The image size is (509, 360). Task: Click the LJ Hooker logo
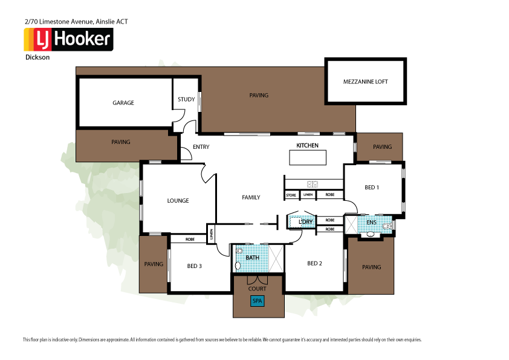tap(68, 39)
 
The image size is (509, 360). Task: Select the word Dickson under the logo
tap(37, 58)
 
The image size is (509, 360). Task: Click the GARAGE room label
tap(123, 103)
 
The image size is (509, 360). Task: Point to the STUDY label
tap(186, 100)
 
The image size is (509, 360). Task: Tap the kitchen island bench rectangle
tap(307, 157)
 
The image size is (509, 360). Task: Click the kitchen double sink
tap(313, 184)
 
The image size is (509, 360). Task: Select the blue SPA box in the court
tap(258, 301)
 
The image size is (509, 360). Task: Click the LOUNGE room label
tap(178, 200)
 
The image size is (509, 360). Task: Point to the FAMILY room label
tap(251, 197)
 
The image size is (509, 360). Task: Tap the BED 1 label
tap(372, 188)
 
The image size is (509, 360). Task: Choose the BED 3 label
tap(194, 266)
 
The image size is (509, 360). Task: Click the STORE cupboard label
tap(291, 195)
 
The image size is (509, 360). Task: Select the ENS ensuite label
tap(371, 223)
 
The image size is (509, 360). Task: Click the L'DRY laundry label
tap(306, 222)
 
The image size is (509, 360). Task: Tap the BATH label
tap(252, 257)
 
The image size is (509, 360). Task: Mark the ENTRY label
tap(201, 147)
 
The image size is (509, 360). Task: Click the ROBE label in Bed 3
tap(189, 239)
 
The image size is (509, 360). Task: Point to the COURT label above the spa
tap(258, 289)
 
